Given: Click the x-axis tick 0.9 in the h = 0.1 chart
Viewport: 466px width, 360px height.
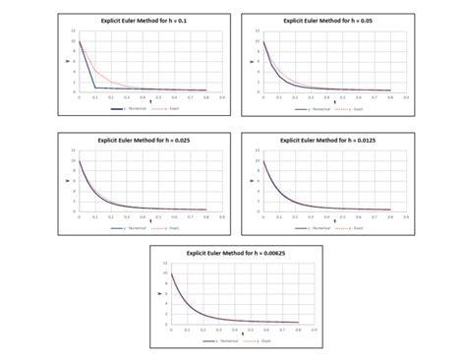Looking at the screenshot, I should [220, 96].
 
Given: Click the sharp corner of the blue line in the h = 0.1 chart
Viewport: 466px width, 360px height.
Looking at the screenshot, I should [94, 88].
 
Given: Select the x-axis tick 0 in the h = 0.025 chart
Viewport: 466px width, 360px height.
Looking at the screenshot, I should [79, 216].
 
